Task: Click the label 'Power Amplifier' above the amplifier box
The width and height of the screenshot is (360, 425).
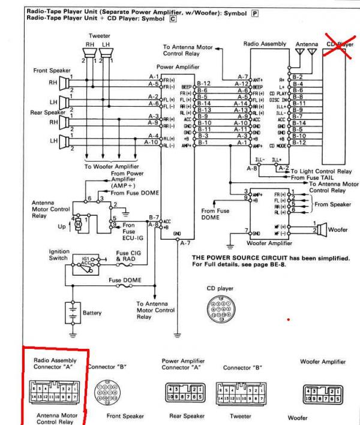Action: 177,68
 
